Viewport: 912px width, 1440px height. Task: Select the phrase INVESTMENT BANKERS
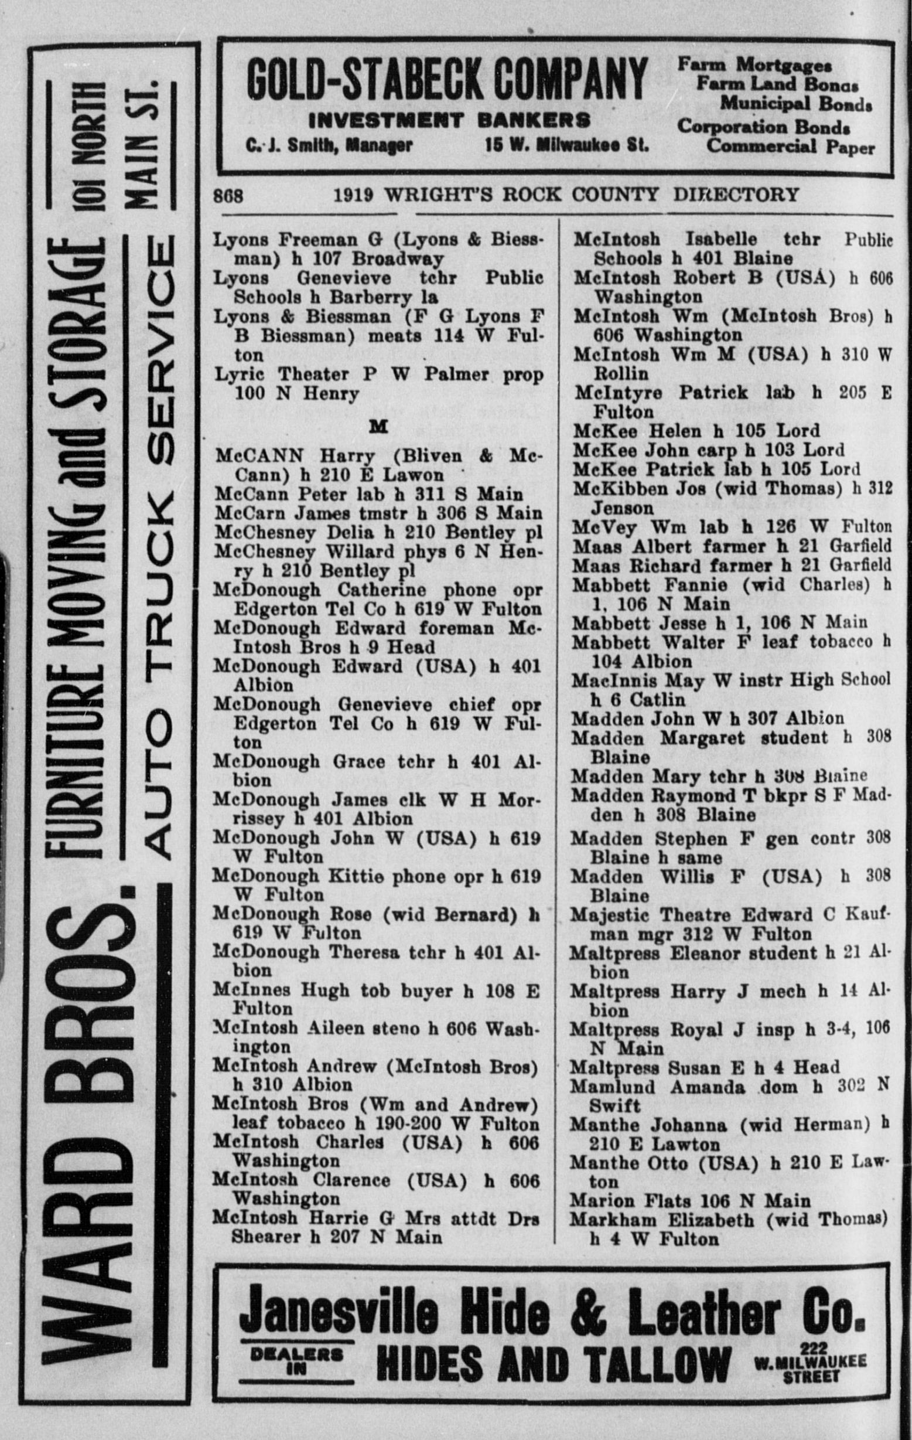[449, 120]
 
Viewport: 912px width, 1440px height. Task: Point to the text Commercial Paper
[790, 147]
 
